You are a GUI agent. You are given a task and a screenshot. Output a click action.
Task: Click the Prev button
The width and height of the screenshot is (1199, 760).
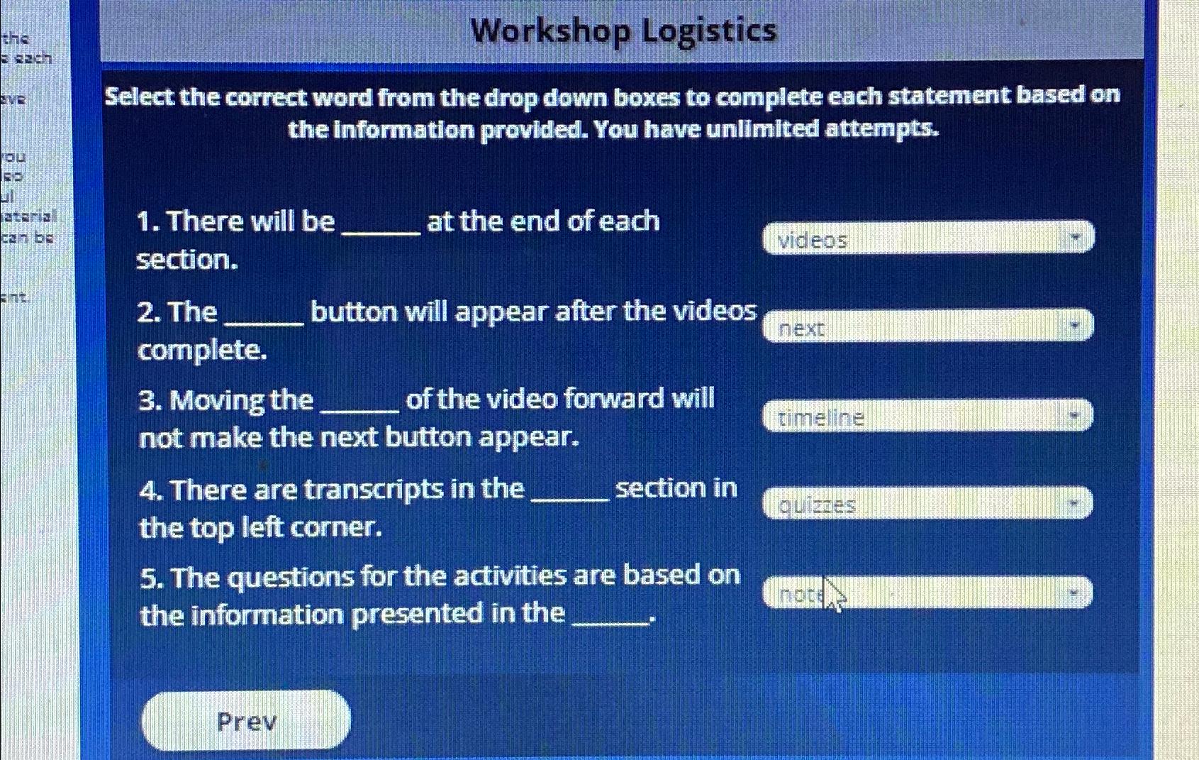coord(245,720)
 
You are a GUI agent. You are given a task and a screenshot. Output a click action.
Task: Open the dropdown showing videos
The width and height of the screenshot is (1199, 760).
coord(927,238)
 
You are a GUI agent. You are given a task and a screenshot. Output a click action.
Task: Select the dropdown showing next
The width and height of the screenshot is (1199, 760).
coord(927,326)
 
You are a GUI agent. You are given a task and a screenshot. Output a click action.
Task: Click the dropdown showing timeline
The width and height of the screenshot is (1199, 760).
coord(927,416)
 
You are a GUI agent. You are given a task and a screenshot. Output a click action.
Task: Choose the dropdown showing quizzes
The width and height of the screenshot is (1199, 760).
coord(927,504)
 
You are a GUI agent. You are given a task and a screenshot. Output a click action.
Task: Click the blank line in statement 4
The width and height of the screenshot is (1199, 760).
coord(569,500)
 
